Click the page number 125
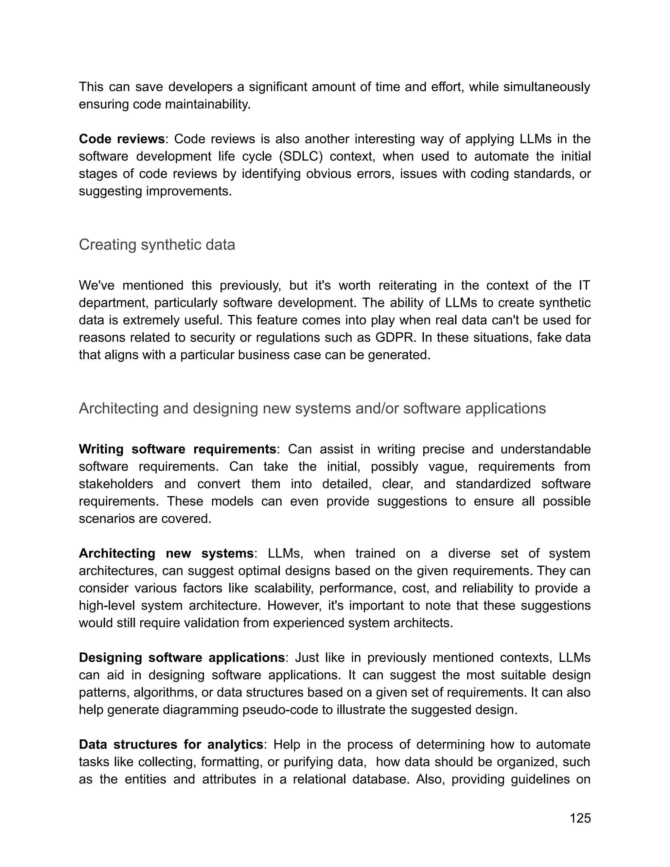[580, 818]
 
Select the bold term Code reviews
[121, 139]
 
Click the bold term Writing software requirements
[177, 449]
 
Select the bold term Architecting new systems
[166, 553]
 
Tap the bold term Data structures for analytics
[171, 744]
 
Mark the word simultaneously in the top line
[547, 87]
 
